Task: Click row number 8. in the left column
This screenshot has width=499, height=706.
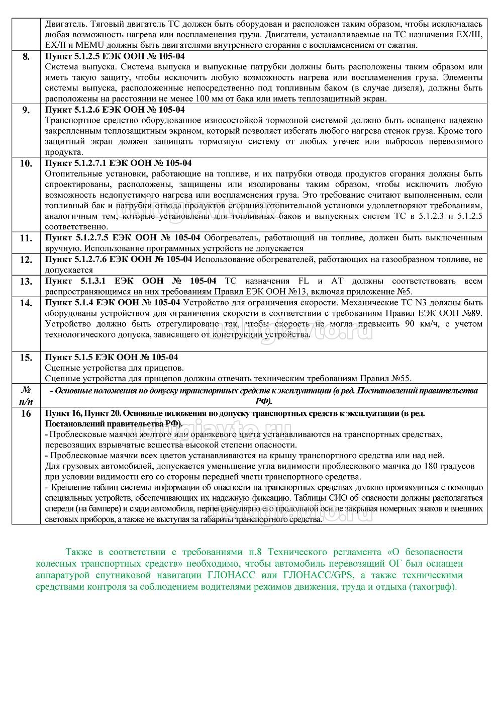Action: click(26, 56)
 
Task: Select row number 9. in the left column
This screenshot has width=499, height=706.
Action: click(26, 110)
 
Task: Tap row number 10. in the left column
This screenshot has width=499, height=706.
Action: click(26, 163)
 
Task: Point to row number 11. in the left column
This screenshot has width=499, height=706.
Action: click(26, 238)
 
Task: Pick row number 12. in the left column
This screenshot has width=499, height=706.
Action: click(26, 259)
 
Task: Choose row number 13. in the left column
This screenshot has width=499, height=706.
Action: click(26, 281)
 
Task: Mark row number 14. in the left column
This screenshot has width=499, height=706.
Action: click(26, 303)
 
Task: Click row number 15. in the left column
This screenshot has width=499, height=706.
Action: click(26, 358)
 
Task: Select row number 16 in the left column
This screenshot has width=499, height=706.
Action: click(26, 413)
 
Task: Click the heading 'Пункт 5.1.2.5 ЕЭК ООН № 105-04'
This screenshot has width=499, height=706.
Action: click(115, 56)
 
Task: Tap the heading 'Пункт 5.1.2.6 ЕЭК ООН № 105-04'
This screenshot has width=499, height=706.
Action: click(115, 110)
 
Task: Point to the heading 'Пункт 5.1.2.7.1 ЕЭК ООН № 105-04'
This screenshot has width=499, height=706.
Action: click(118, 163)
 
